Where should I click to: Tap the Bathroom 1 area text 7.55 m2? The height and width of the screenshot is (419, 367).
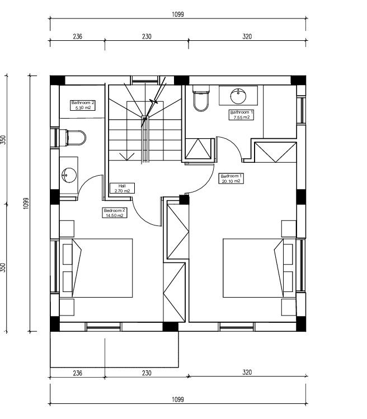click(x=242, y=117)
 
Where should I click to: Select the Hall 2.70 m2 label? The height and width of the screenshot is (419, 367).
click(x=122, y=188)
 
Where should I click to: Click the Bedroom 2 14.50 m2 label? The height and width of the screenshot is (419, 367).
click(x=114, y=213)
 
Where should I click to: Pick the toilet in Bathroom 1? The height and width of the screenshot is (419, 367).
click(x=200, y=99)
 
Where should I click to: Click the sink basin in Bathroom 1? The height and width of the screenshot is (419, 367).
click(x=238, y=95)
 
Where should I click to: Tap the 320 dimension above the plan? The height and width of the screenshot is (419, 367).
click(x=247, y=36)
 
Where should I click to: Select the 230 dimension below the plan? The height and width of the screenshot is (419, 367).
click(x=146, y=372)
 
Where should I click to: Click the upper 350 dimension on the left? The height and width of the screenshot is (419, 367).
click(x=3, y=139)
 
